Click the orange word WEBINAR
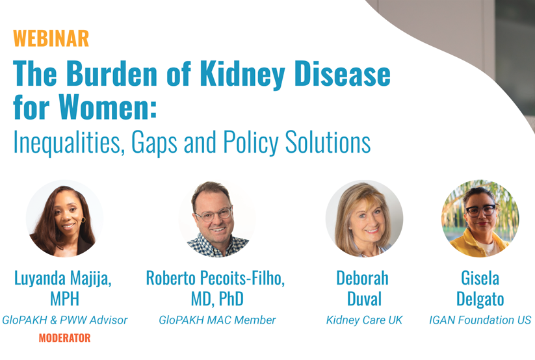pos(51,38)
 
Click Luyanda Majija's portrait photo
pos(64,219)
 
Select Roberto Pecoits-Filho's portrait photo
pos(217,219)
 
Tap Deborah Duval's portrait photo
pos(364,219)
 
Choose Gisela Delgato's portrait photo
pos(480,219)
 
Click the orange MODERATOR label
pos(64,338)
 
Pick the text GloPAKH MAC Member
pos(217,320)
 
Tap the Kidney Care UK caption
pos(364,320)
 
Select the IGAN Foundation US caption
pos(480,320)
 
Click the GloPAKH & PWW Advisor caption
pos(64,320)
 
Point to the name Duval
pos(364,299)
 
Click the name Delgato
pos(480,300)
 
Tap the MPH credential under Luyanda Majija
pos(64,299)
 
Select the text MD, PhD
pos(217,299)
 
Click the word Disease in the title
pos(343,73)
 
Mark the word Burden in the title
pos(112,73)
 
